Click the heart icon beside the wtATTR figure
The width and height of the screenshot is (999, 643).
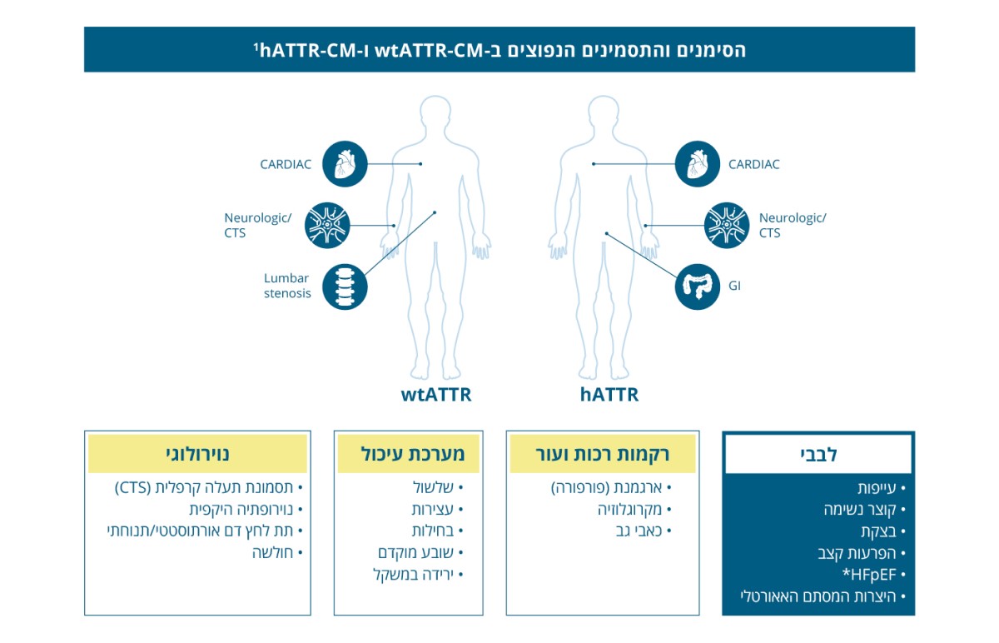(x=345, y=164)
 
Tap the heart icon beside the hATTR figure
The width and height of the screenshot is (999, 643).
(x=697, y=164)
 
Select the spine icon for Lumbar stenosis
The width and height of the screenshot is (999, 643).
(x=345, y=287)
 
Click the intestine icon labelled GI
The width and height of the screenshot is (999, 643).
(x=697, y=287)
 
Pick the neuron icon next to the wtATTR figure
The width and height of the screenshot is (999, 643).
(x=327, y=226)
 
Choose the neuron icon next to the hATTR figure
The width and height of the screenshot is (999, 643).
(x=727, y=226)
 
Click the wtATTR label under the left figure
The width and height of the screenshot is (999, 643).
(x=435, y=395)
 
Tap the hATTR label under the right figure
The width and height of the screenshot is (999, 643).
(x=609, y=395)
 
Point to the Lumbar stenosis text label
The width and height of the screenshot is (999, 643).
(x=287, y=286)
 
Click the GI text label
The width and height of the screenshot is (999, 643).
(x=734, y=286)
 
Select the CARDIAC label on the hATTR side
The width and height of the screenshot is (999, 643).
(x=753, y=164)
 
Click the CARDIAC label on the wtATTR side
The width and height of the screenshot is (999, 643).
(x=286, y=164)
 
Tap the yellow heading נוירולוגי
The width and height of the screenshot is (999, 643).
(x=197, y=454)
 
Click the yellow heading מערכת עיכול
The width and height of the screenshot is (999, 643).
(x=409, y=454)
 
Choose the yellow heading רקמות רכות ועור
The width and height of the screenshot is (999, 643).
(x=603, y=454)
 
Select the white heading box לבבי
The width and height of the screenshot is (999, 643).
(x=818, y=454)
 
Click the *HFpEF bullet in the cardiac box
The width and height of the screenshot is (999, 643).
(x=873, y=575)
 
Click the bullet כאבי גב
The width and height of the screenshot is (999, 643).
(x=644, y=531)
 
